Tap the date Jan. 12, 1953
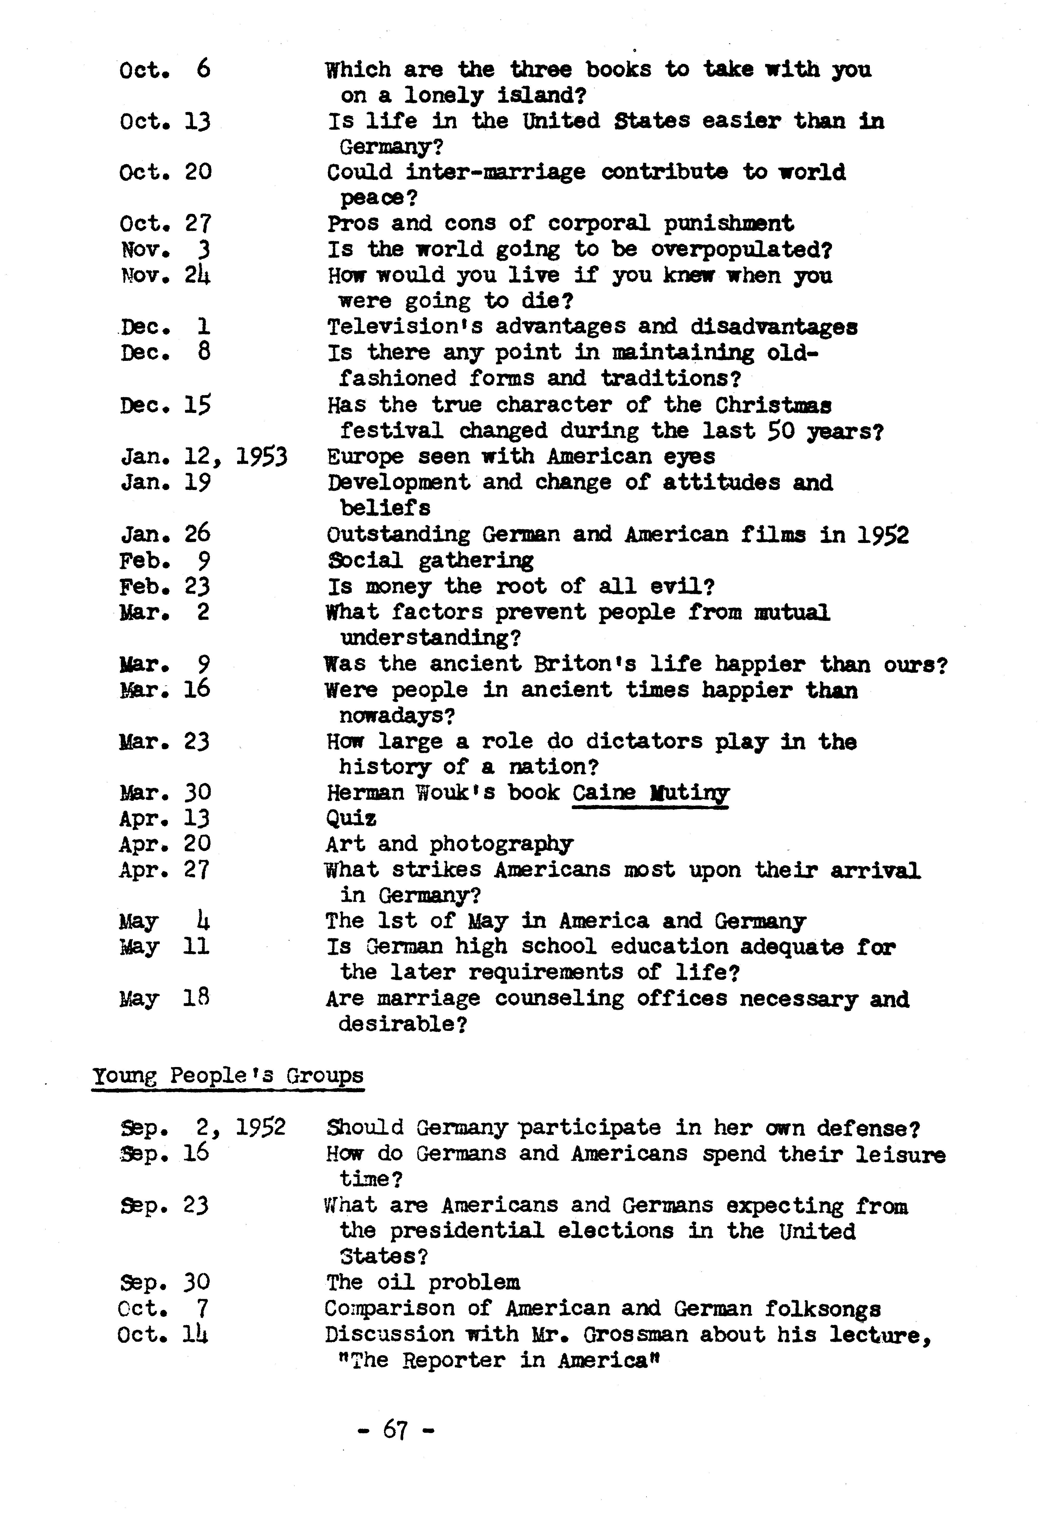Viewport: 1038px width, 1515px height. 203,456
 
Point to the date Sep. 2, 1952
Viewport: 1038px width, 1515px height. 203,1127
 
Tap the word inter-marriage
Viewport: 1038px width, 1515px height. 496,172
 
